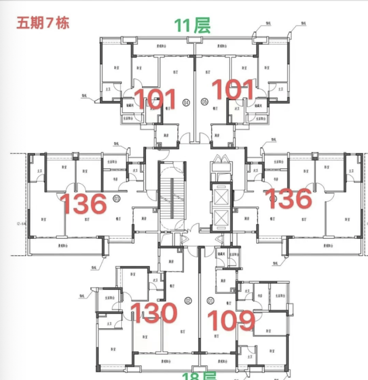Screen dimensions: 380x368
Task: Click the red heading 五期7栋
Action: pyautogui.click(x=43, y=23)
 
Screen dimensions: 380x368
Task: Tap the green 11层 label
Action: pyautogui.click(x=192, y=25)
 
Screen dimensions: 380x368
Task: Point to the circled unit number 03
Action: pyautogui.click(x=117, y=199)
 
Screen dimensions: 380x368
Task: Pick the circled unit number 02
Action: pyautogui.click(x=188, y=300)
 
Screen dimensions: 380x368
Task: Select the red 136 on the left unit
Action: pyautogui.click(x=83, y=204)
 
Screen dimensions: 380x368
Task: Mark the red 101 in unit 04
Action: pyautogui.click(x=155, y=99)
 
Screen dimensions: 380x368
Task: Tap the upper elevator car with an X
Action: pyautogui.click(x=220, y=193)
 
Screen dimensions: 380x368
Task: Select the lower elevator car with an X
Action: pyautogui.click(x=220, y=216)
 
